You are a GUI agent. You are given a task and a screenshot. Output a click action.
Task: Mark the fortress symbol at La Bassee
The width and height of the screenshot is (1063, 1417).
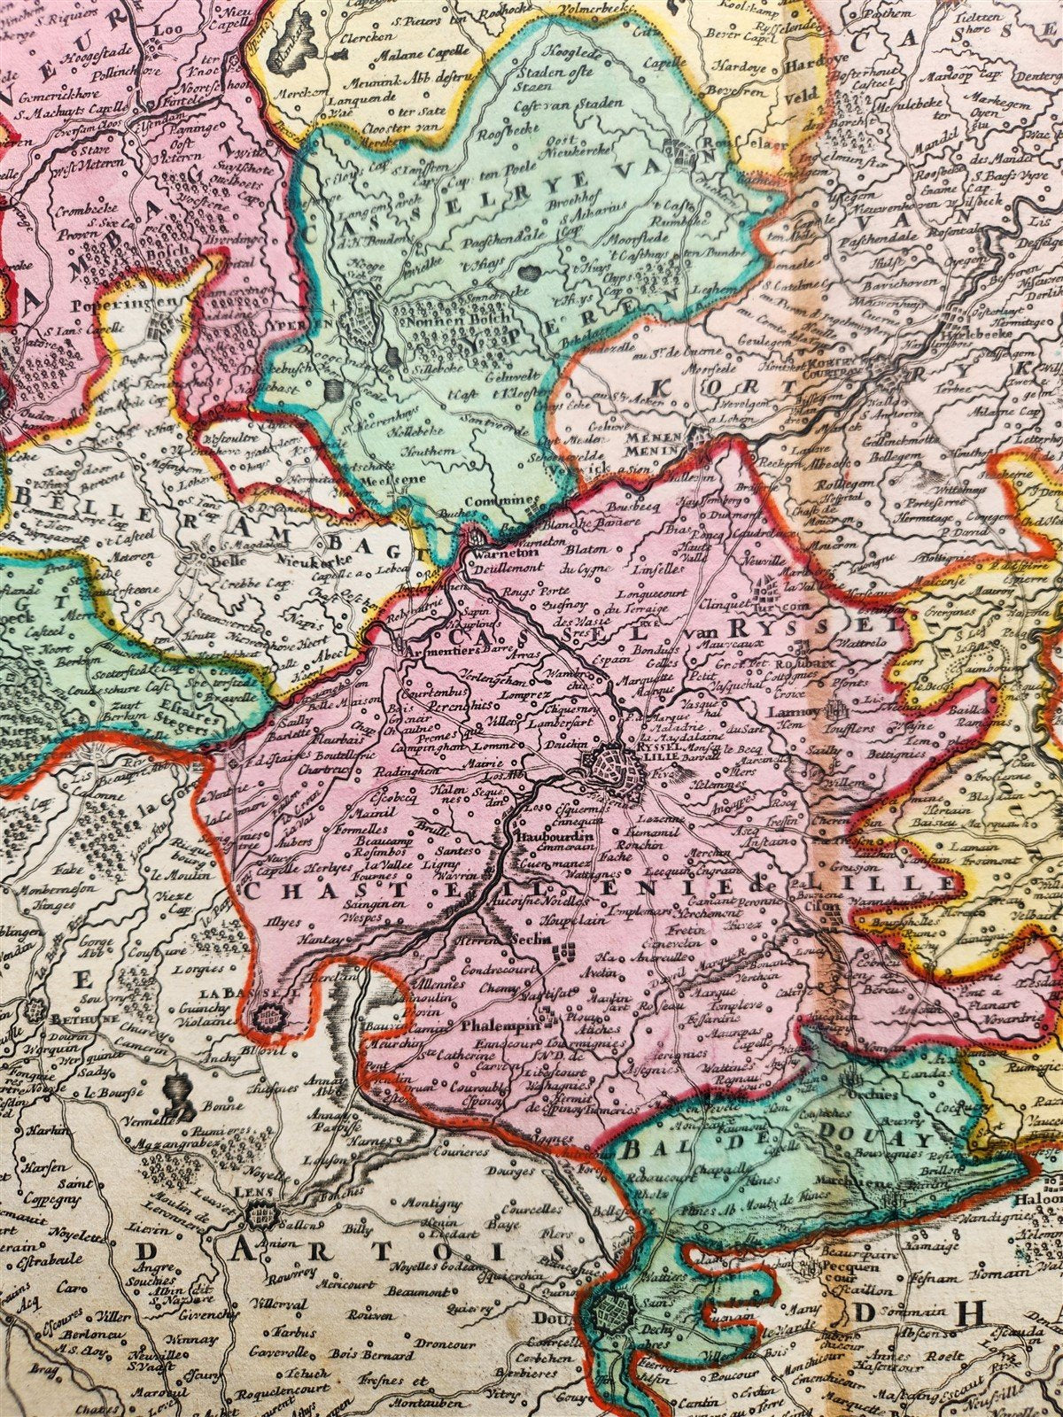pyautogui.click(x=270, y=1018)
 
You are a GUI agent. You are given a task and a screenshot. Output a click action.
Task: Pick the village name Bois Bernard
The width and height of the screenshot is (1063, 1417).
pyautogui.click(x=381, y=1355)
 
